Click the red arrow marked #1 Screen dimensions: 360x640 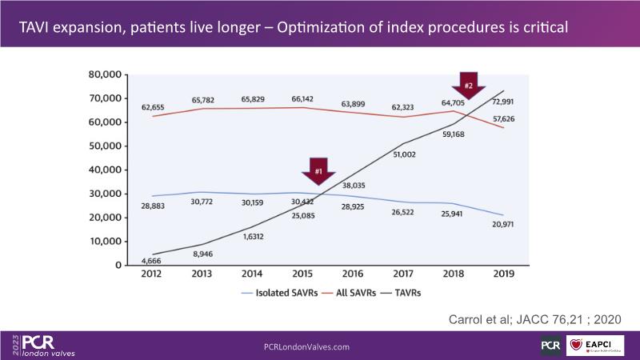(x=318, y=170)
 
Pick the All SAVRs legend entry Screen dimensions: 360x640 (x=347, y=293)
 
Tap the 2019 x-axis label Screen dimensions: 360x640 (x=504, y=274)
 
